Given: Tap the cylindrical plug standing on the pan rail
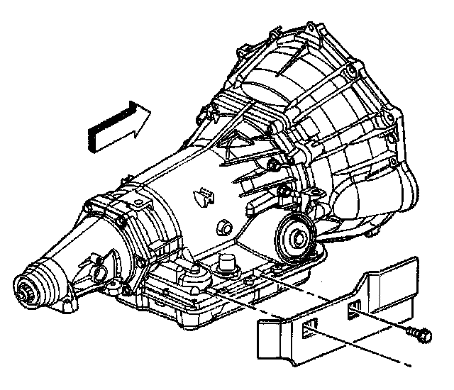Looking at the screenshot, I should tap(228, 262).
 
